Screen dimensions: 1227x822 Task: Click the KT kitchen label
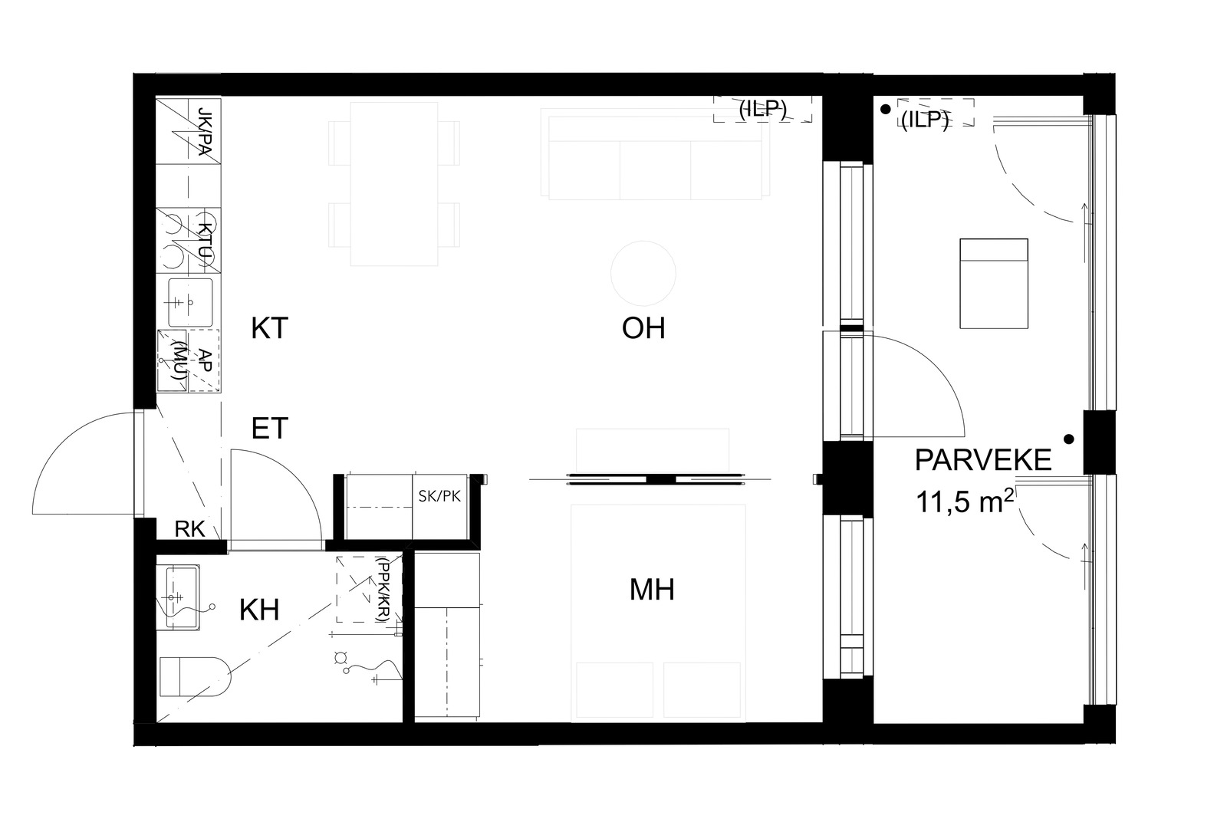pyautogui.click(x=269, y=328)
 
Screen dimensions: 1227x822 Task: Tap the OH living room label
pyautogui.click(x=643, y=328)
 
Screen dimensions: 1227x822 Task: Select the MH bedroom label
pyautogui.click(x=652, y=590)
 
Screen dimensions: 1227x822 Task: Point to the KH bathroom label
pyautogui.click(x=259, y=610)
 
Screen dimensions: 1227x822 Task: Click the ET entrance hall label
pyautogui.click(x=269, y=428)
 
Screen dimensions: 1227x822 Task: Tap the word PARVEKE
pyautogui.click(x=982, y=460)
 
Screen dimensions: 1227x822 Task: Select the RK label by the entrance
pyautogui.click(x=189, y=529)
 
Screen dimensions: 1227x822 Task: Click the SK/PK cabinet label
pyautogui.click(x=439, y=496)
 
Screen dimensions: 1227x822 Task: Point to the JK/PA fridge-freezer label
pyautogui.click(x=204, y=131)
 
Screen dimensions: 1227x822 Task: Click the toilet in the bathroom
pyautogui.click(x=195, y=676)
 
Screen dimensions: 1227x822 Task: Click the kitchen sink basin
pyautogui.click(x=190, y=302)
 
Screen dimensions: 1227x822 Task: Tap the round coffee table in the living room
pyautogui.click(x=643, y=273)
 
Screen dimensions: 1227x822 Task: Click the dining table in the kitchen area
pyautogui.click(x=394, y=184)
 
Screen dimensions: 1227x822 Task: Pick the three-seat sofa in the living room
pyautogui.click(x=655, y=154)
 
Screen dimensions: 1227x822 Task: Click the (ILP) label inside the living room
pyautogui.click(x=762, y=109)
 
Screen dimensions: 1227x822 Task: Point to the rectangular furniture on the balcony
pyautogui.click(x=994, y=283)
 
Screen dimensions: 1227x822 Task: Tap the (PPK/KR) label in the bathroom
pyautogui.click(x=383, y=589)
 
